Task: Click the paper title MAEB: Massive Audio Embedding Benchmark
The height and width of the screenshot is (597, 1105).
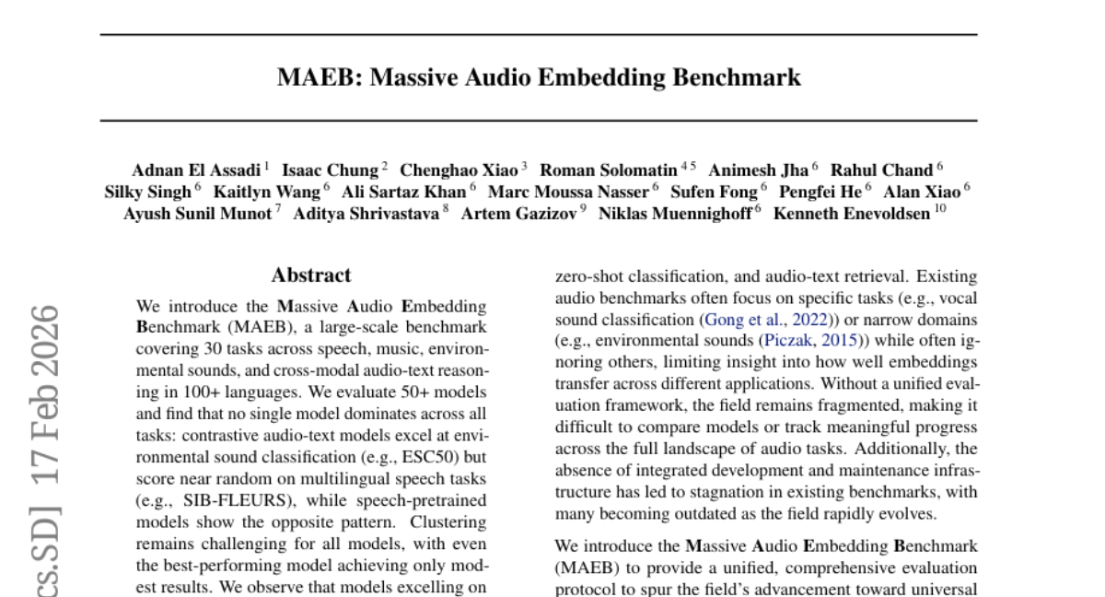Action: (539, 78)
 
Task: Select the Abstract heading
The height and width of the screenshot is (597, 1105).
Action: (311, 275)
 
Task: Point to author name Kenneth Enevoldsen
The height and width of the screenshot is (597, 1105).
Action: (852, 215)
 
